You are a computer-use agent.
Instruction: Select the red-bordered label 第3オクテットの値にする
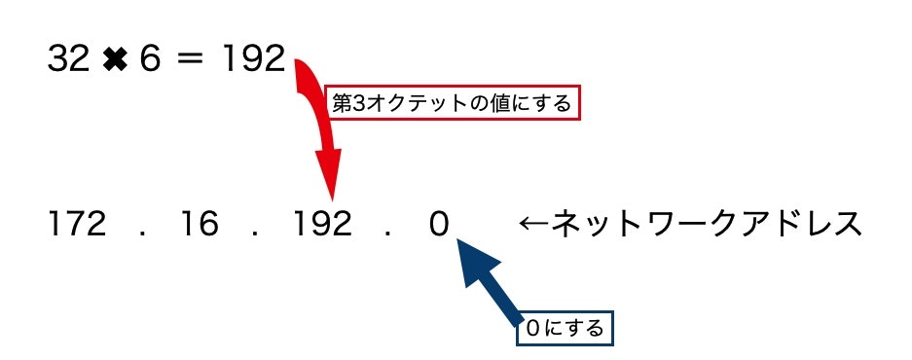click(451, 103)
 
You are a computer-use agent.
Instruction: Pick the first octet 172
click(77, 225)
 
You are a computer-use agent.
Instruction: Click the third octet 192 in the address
click(322, 225)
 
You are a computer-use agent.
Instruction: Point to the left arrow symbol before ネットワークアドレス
click(534, 225)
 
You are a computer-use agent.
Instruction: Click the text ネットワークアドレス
click(707, 225)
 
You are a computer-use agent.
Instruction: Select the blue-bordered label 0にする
click(564, 328)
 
